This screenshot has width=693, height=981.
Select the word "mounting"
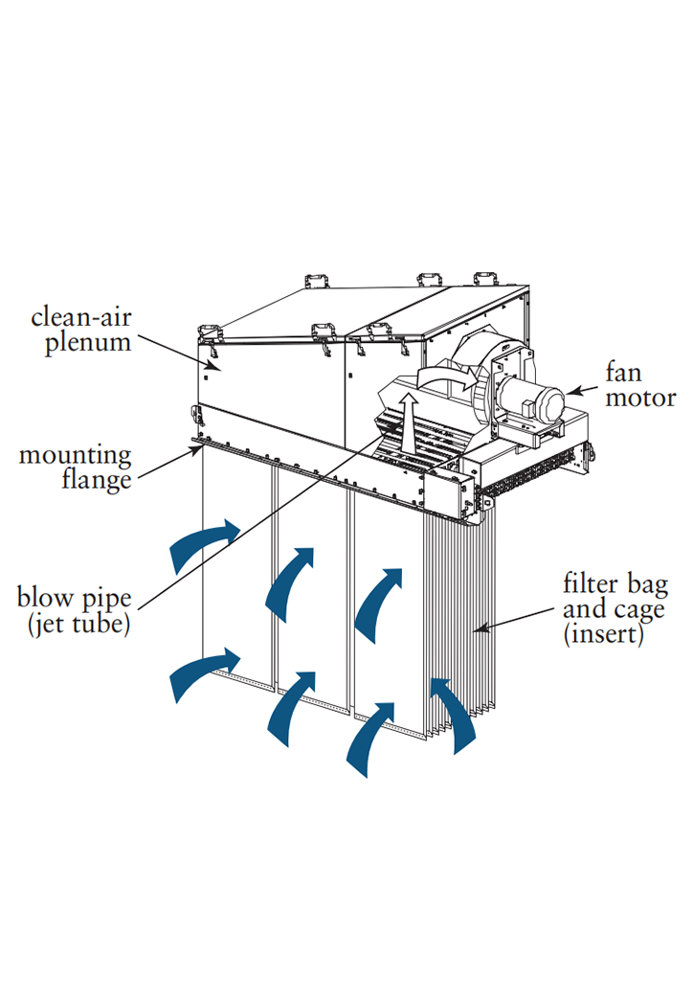(76, 455)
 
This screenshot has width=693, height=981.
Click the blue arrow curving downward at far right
(454, 714)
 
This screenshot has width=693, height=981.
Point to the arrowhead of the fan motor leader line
(567, 391)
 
